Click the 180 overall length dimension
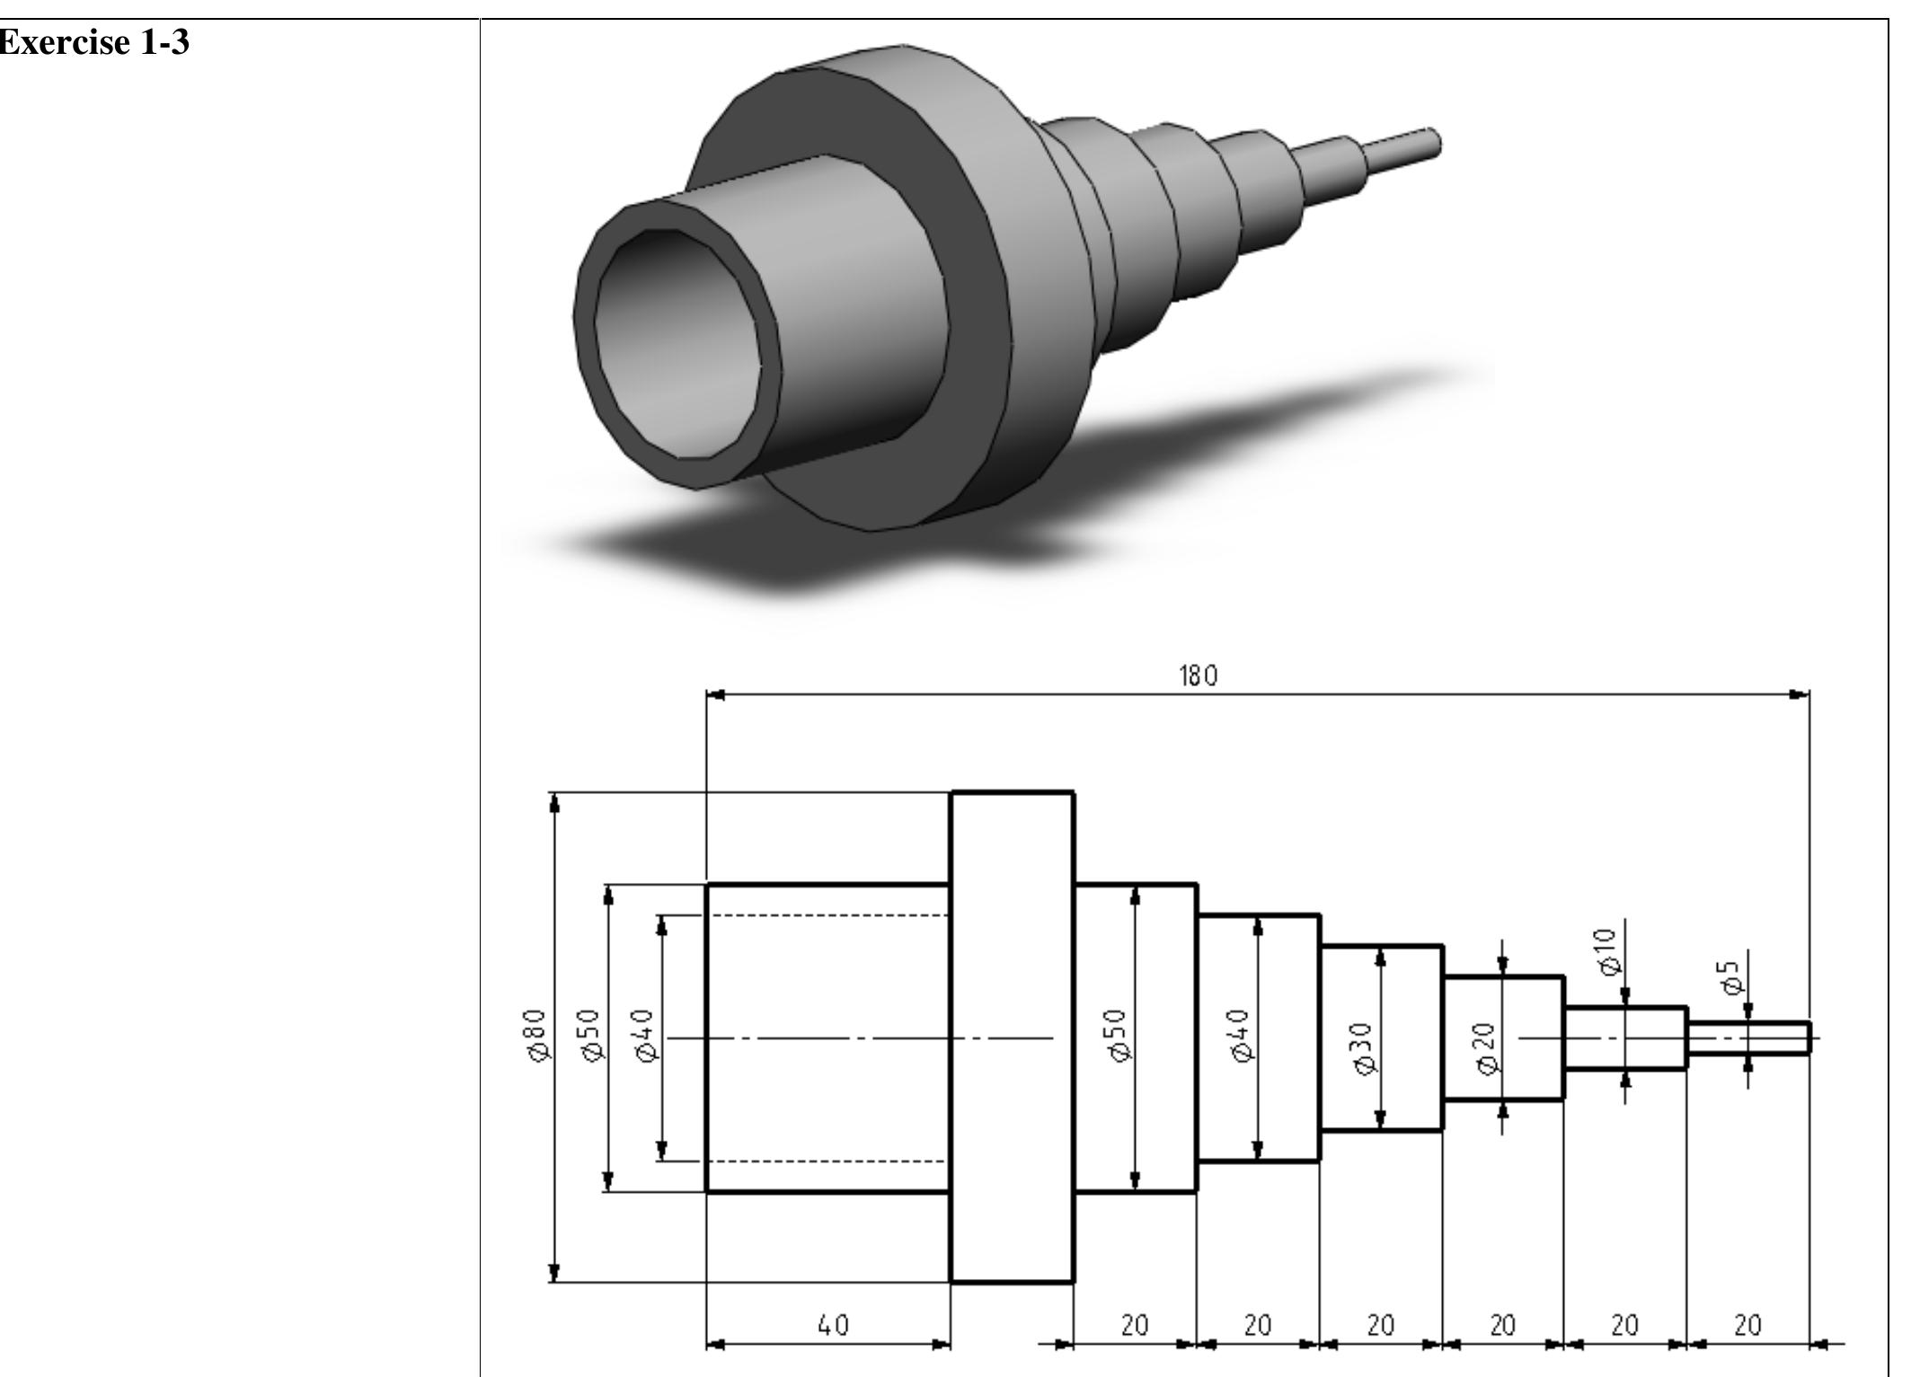[1198, 675]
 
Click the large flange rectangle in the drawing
[1012, 1037]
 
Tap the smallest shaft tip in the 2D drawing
[1748, 1037]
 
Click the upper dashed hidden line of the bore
[827, 915]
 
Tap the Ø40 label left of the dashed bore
[646, 1036]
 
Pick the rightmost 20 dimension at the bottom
[1747, 1325]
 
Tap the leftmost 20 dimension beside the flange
[1135, 1325]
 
